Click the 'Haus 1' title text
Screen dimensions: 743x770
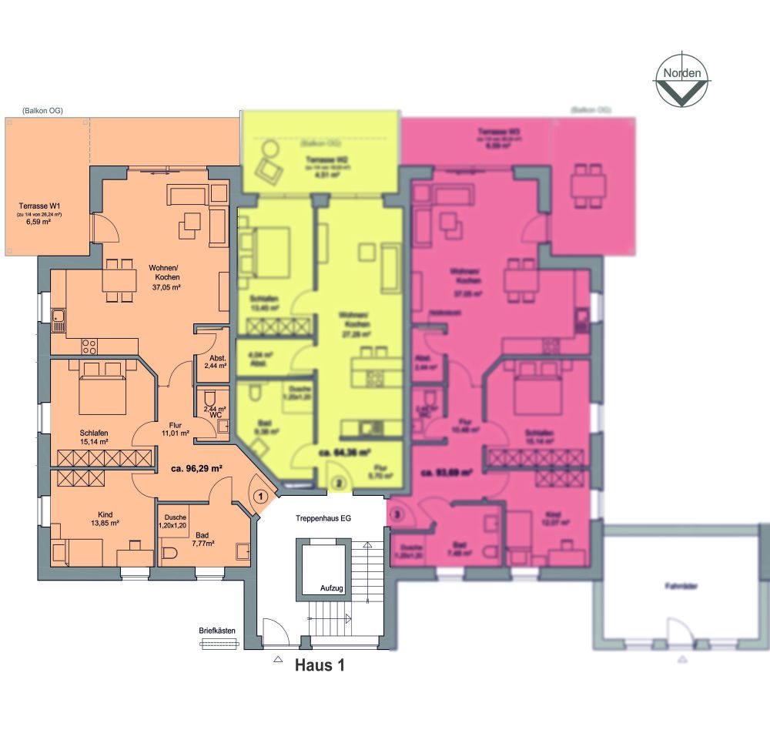pyautogui.click(x=319, y=666)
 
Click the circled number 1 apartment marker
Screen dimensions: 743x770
pyautogui.click(x=261, y=497)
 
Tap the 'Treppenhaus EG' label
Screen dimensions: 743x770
pyautogui.click(x=323, y=519)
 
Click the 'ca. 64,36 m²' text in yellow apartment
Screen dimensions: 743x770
pyautogui.click(x=340, y=453)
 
